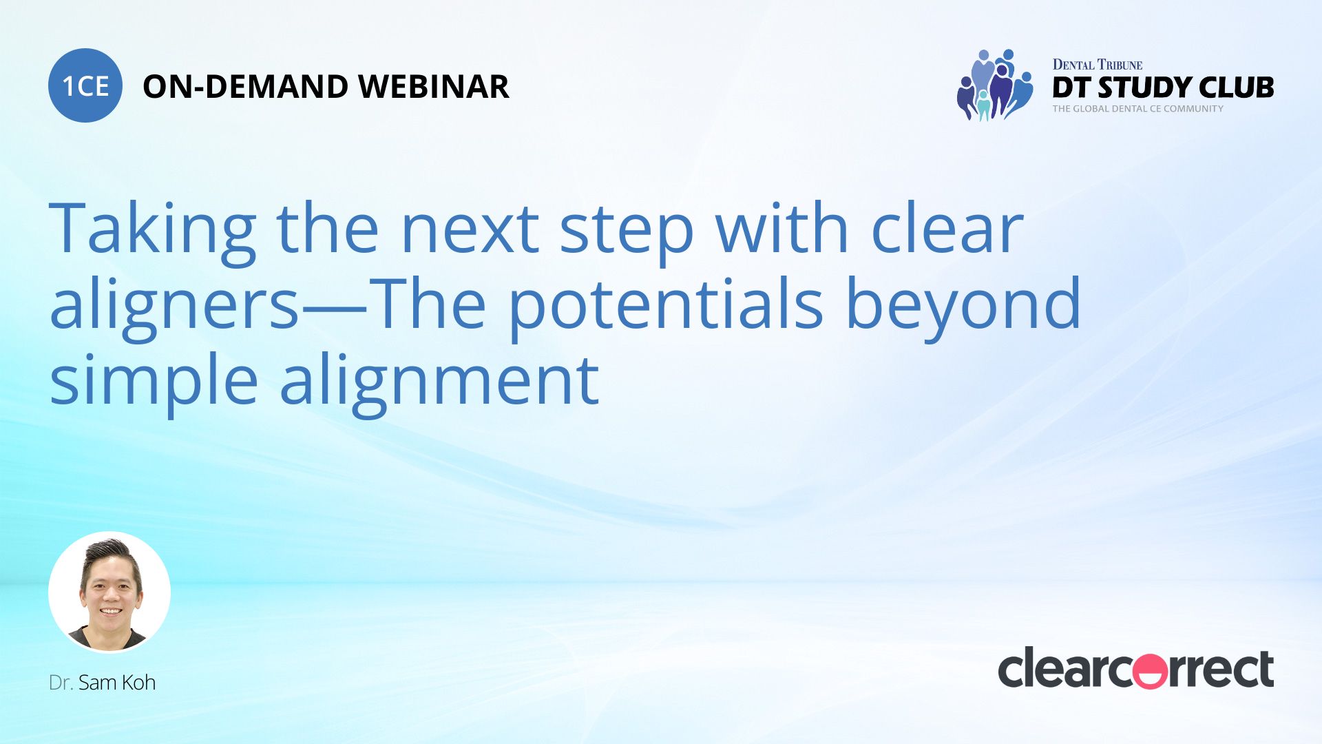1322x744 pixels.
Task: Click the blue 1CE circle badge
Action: pos(85,85)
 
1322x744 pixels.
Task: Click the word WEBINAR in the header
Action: pos(434,87)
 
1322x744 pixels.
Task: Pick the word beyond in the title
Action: pos(963,304)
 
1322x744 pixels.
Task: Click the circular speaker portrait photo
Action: pos(109,592)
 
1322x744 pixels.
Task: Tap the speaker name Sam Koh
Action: pos(117,683)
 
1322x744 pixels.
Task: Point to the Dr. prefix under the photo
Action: pos(61,683)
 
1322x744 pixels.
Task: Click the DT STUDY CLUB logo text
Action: pos(1163,87)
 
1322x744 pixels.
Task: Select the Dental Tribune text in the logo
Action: pos(1098,65)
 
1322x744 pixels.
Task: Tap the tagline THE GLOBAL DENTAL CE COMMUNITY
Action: pos(1137,109)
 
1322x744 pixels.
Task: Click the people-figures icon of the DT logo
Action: pos(995,85)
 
